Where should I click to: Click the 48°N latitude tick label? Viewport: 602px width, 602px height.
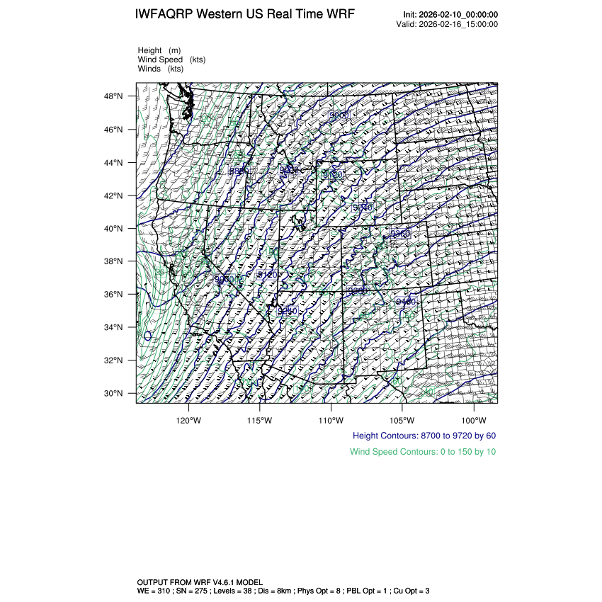coord(115,96)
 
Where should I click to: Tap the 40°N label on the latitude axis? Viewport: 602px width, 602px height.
coord(115,229)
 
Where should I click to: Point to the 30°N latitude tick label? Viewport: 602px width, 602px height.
coord(115,394)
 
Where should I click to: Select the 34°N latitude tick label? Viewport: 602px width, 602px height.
coord(115,327)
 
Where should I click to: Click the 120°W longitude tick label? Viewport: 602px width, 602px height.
coord(188,420)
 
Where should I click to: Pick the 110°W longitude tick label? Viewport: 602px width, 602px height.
coord(331,420)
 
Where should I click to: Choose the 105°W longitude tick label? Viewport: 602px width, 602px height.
coord(402,420)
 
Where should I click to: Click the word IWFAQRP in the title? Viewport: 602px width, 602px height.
coord(164,15)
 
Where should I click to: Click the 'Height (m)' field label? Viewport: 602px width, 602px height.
coord(159,51)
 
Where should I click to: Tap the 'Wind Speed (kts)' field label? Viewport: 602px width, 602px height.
coord(171,60)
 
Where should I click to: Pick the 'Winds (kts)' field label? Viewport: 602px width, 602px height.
coord(161,69)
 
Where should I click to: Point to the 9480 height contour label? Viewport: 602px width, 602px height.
coord(406,302)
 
